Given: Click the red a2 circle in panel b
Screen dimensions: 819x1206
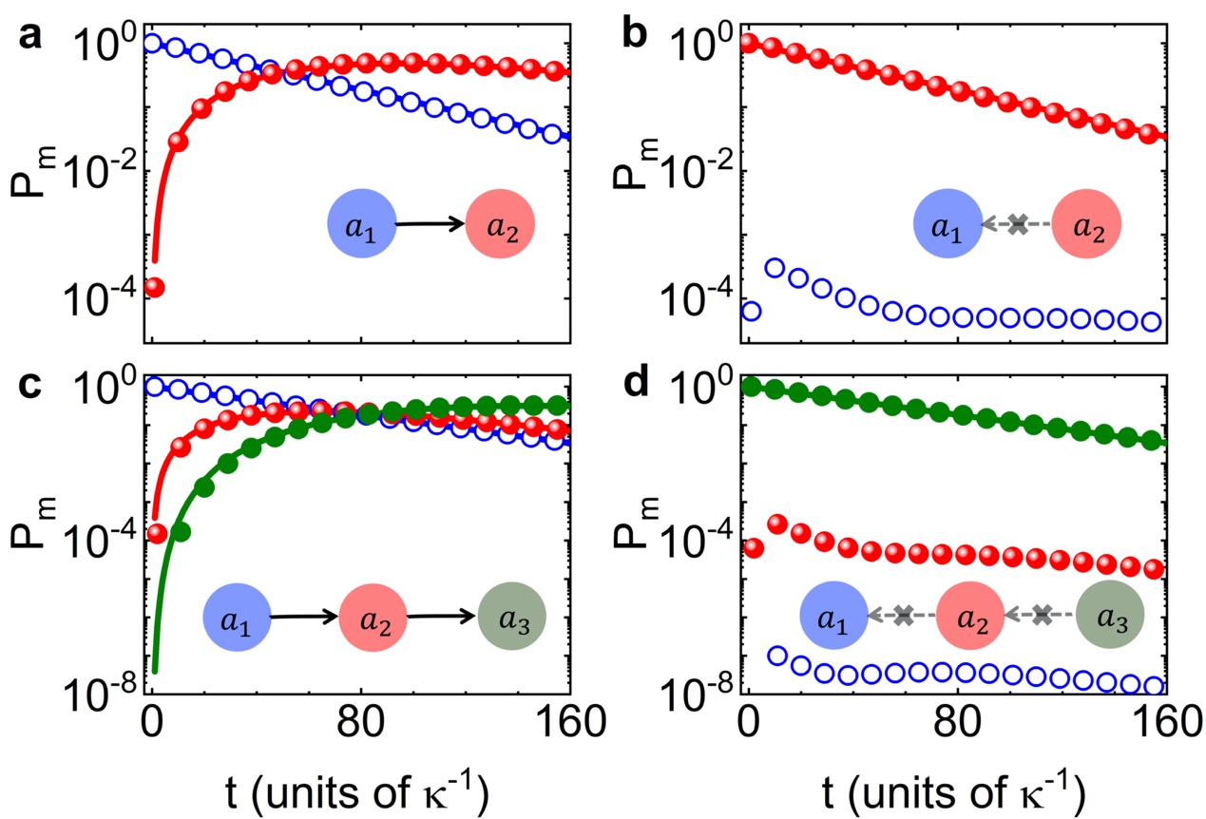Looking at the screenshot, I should [x=1087, y=224].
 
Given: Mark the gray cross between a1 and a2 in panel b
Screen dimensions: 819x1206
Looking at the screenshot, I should [x=1018, y=225].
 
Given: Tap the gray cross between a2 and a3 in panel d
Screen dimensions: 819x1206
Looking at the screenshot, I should [x=1043, y=615].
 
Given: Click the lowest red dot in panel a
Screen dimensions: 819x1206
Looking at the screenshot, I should [x=154, y=287].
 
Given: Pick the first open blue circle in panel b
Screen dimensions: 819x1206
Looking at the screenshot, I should [x=751, y=311].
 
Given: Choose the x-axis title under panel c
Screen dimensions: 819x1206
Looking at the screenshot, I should [x=361, y=788].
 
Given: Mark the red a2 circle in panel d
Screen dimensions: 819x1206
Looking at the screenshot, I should [x=970, y=616].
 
